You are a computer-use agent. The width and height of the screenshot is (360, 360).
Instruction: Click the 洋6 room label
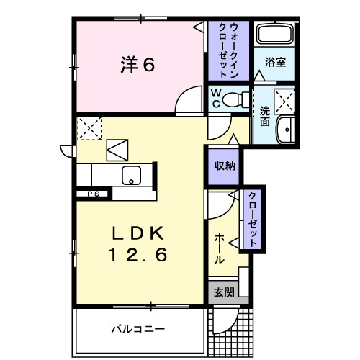point(137,65)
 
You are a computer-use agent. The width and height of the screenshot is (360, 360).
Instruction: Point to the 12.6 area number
point(138,254)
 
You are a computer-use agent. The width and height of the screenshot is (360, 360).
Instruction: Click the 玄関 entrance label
point(224,292)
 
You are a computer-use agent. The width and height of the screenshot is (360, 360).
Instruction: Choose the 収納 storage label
point(223,165)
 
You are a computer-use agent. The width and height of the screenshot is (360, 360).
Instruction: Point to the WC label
point(215,98)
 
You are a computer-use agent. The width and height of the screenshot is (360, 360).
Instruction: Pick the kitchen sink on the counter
point(132,174)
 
